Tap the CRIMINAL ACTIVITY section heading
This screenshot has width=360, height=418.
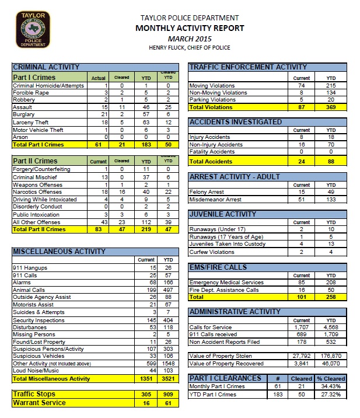pos(46,67)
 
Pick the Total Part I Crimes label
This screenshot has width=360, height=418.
pos(39,144)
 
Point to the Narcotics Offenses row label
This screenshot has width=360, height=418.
pos(38,191)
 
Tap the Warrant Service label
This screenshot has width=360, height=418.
pos(40,402)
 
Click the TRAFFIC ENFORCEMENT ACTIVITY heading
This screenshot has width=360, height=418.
pos(248,67)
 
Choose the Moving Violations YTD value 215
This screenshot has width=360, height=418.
pos(330,86)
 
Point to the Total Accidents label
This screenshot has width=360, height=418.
pos(211,161)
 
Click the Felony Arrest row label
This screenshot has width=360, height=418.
pos(207,191)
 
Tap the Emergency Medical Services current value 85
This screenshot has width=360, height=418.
pos(302,282)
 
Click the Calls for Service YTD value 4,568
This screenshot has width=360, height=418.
pos(330,328)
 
